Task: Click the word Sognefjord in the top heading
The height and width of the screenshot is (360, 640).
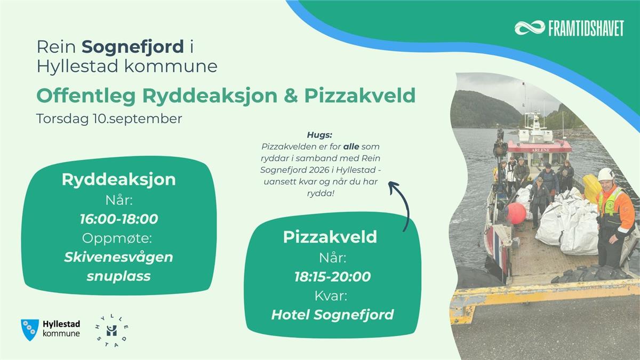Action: click(x=133, y=47)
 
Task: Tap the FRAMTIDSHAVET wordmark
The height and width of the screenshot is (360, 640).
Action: click(x=586, y=28)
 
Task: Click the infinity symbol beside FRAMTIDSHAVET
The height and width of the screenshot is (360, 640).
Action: click(x=530, y=28)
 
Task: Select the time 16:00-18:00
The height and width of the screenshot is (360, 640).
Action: click(x=119, y=219)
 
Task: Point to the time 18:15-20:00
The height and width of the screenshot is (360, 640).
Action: click(x=333, y=277)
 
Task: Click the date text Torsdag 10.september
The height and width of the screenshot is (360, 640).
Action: click(x=109, y=118)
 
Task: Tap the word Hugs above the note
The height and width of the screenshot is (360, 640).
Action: click(x=319, y=135)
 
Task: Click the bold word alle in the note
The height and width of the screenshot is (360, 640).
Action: click(x=351, y=147)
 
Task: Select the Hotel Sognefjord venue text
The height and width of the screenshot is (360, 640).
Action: click(x=333, y=315)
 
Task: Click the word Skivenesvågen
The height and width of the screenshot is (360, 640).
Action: click(x=118, y=257)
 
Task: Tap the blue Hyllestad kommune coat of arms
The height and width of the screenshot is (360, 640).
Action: click(x=30, y=330)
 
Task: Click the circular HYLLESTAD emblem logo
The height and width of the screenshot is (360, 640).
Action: click(x=111, y=331)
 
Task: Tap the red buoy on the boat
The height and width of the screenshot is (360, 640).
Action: click(x=516, y=213)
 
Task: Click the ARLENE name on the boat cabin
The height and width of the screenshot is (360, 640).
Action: click(x=541, y=150)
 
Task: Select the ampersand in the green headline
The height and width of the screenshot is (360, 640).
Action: click(x=291, y=95)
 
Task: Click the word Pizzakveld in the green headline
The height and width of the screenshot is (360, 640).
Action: click(x=359, y=95)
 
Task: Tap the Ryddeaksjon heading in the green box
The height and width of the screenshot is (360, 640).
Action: click(x=118, y=180)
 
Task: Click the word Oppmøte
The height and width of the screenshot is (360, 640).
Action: click(x=117, y=238)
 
